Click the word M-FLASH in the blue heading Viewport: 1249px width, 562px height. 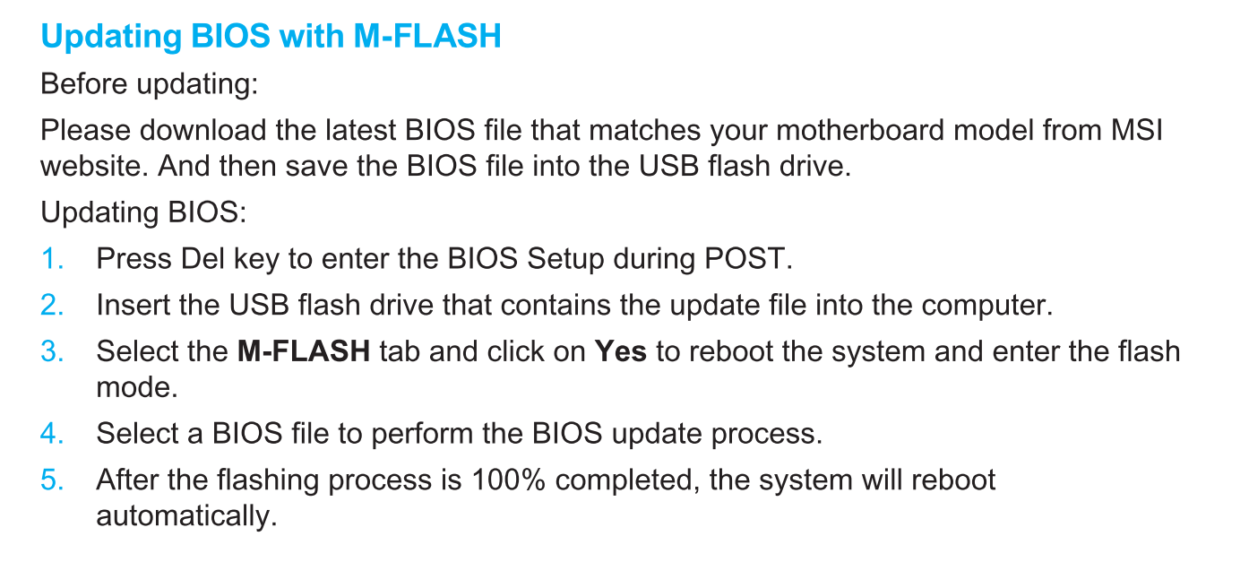[x=427, y=36]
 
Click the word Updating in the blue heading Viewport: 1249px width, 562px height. [x=111, y=38]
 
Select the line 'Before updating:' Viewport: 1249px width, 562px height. [x=150, y=85]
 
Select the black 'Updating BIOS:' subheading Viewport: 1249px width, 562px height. [x=143, y=212]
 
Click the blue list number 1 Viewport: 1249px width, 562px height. [x=52, y=259]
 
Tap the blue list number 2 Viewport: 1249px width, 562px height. [x=52, y=305]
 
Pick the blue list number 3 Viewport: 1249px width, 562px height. [x=52, y=351]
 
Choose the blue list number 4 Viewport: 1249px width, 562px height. [x=52, y=433]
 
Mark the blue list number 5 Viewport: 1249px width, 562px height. [x=52, y=480]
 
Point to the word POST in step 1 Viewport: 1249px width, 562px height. [x=748, y=259]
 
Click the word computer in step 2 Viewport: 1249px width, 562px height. [x=987, y=306]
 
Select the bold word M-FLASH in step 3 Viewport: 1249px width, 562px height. [x=304, y=351]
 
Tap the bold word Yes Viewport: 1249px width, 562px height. [x=621, y=351]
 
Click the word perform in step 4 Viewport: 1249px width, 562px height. [x=422, y=434]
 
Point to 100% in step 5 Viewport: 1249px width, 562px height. [x=508, y=480]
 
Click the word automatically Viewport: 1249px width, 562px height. [x=186, y=516]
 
